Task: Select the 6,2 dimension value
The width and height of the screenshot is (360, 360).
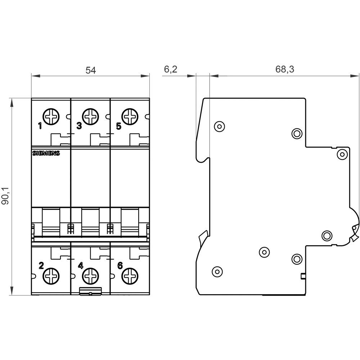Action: [170, 69]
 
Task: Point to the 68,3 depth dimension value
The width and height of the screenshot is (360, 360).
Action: [285, 69]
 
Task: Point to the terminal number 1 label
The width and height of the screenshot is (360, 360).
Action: [40, 126]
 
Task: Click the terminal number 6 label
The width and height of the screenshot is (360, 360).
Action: [120, 266]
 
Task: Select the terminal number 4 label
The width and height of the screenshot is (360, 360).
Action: [80, 266]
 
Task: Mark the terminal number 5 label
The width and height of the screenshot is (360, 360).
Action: [119, 126]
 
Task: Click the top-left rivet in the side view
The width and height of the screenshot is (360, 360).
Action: [219, 126]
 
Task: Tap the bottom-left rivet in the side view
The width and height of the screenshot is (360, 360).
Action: [217, 271]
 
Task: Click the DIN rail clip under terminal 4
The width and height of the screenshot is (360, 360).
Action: [90, 292]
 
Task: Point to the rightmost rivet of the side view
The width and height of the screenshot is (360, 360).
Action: [342, 154]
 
